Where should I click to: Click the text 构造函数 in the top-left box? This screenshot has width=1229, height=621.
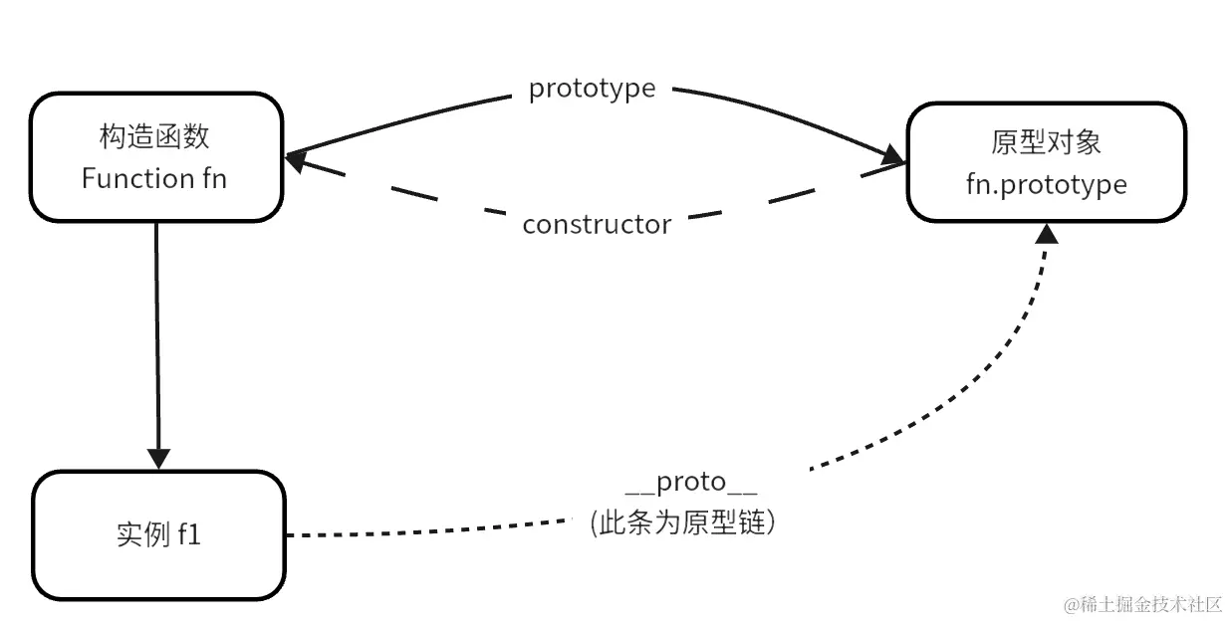(x=154, y=137)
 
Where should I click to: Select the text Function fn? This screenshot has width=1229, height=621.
(x=154, y=178)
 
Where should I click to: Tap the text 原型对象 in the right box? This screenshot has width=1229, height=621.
(x=1046, y=142)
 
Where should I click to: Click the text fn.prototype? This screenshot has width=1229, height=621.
(x=1046, y=184)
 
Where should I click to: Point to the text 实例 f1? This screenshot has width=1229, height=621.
(x=158, y=535)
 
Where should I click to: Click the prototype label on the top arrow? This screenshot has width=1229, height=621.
(x=592, y=89)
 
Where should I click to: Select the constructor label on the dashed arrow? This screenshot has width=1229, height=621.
(x=597, y=225)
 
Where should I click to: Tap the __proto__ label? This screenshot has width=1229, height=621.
(x=691, y=484)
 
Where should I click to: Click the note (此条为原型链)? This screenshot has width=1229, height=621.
(x=682, y=522)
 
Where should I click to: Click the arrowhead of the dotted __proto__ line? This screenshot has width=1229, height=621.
(x=1047, y=233)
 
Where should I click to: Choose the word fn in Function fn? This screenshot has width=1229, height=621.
(x=214, y=178)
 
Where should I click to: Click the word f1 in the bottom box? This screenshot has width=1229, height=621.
(x=190, y=535)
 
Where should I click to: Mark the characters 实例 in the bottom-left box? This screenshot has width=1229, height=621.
(x=137, y=535)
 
